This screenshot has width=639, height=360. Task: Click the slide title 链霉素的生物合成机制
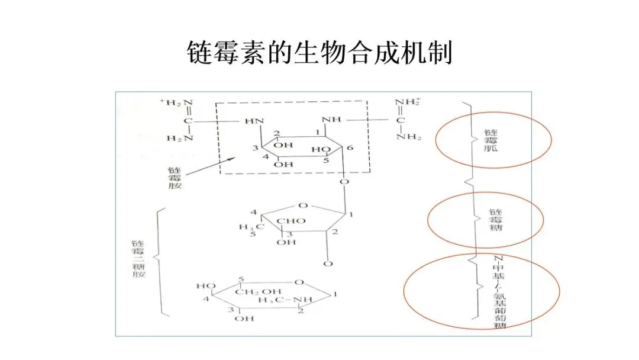pyautogui.click(x=319, y=53)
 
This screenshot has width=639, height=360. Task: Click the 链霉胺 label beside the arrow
pyautogui.click(x=176, y=177)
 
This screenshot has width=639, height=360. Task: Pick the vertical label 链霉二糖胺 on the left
pyautogui.click(x=138, y=260)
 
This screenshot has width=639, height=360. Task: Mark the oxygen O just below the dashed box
pyautogui.click(x=344, y=181)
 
